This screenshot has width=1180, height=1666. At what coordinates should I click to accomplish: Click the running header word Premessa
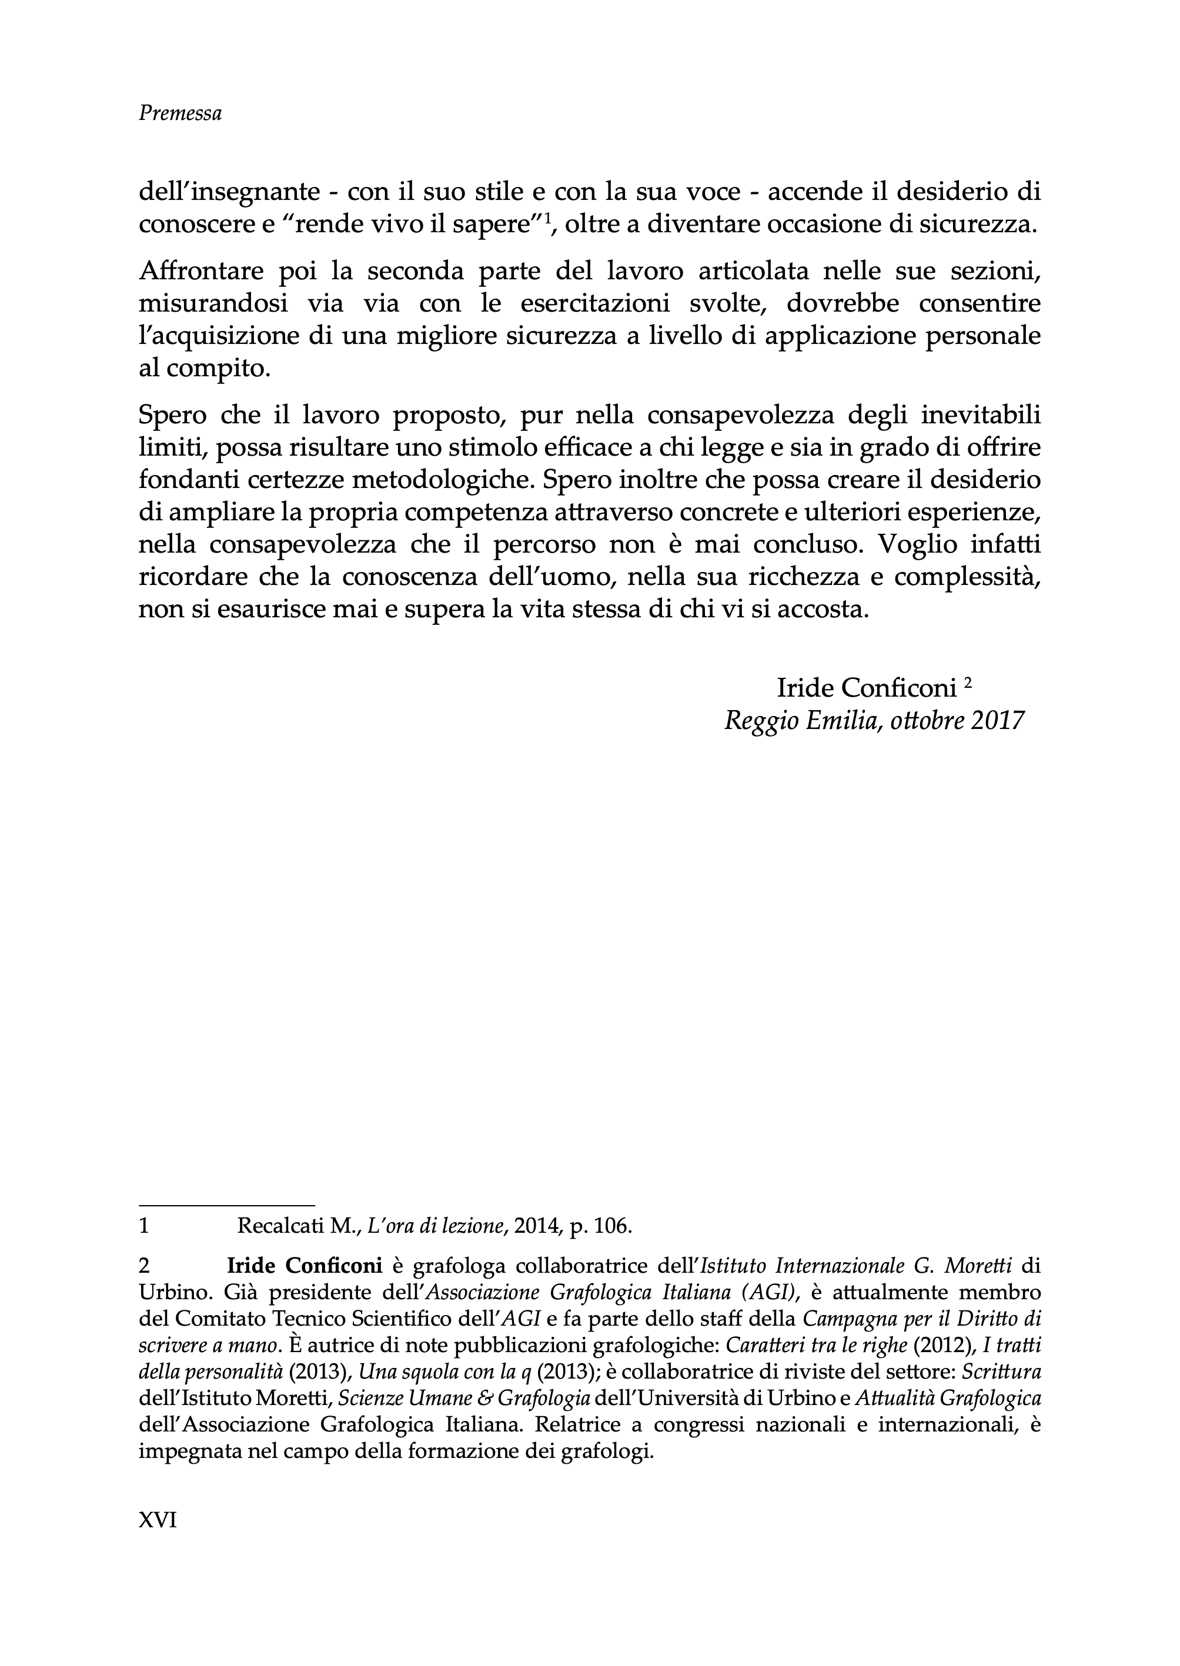(180, 113)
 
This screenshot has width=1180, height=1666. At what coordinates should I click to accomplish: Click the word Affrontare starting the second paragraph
(200, 271)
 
